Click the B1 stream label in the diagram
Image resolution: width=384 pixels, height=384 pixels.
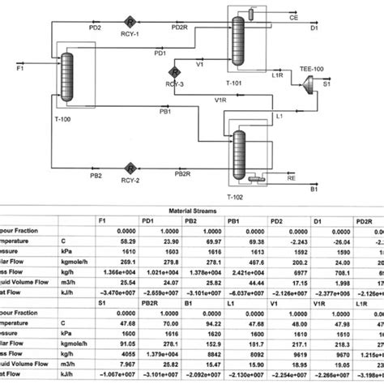point(314,190)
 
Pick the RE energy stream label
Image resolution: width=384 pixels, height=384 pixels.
point(290,173)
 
